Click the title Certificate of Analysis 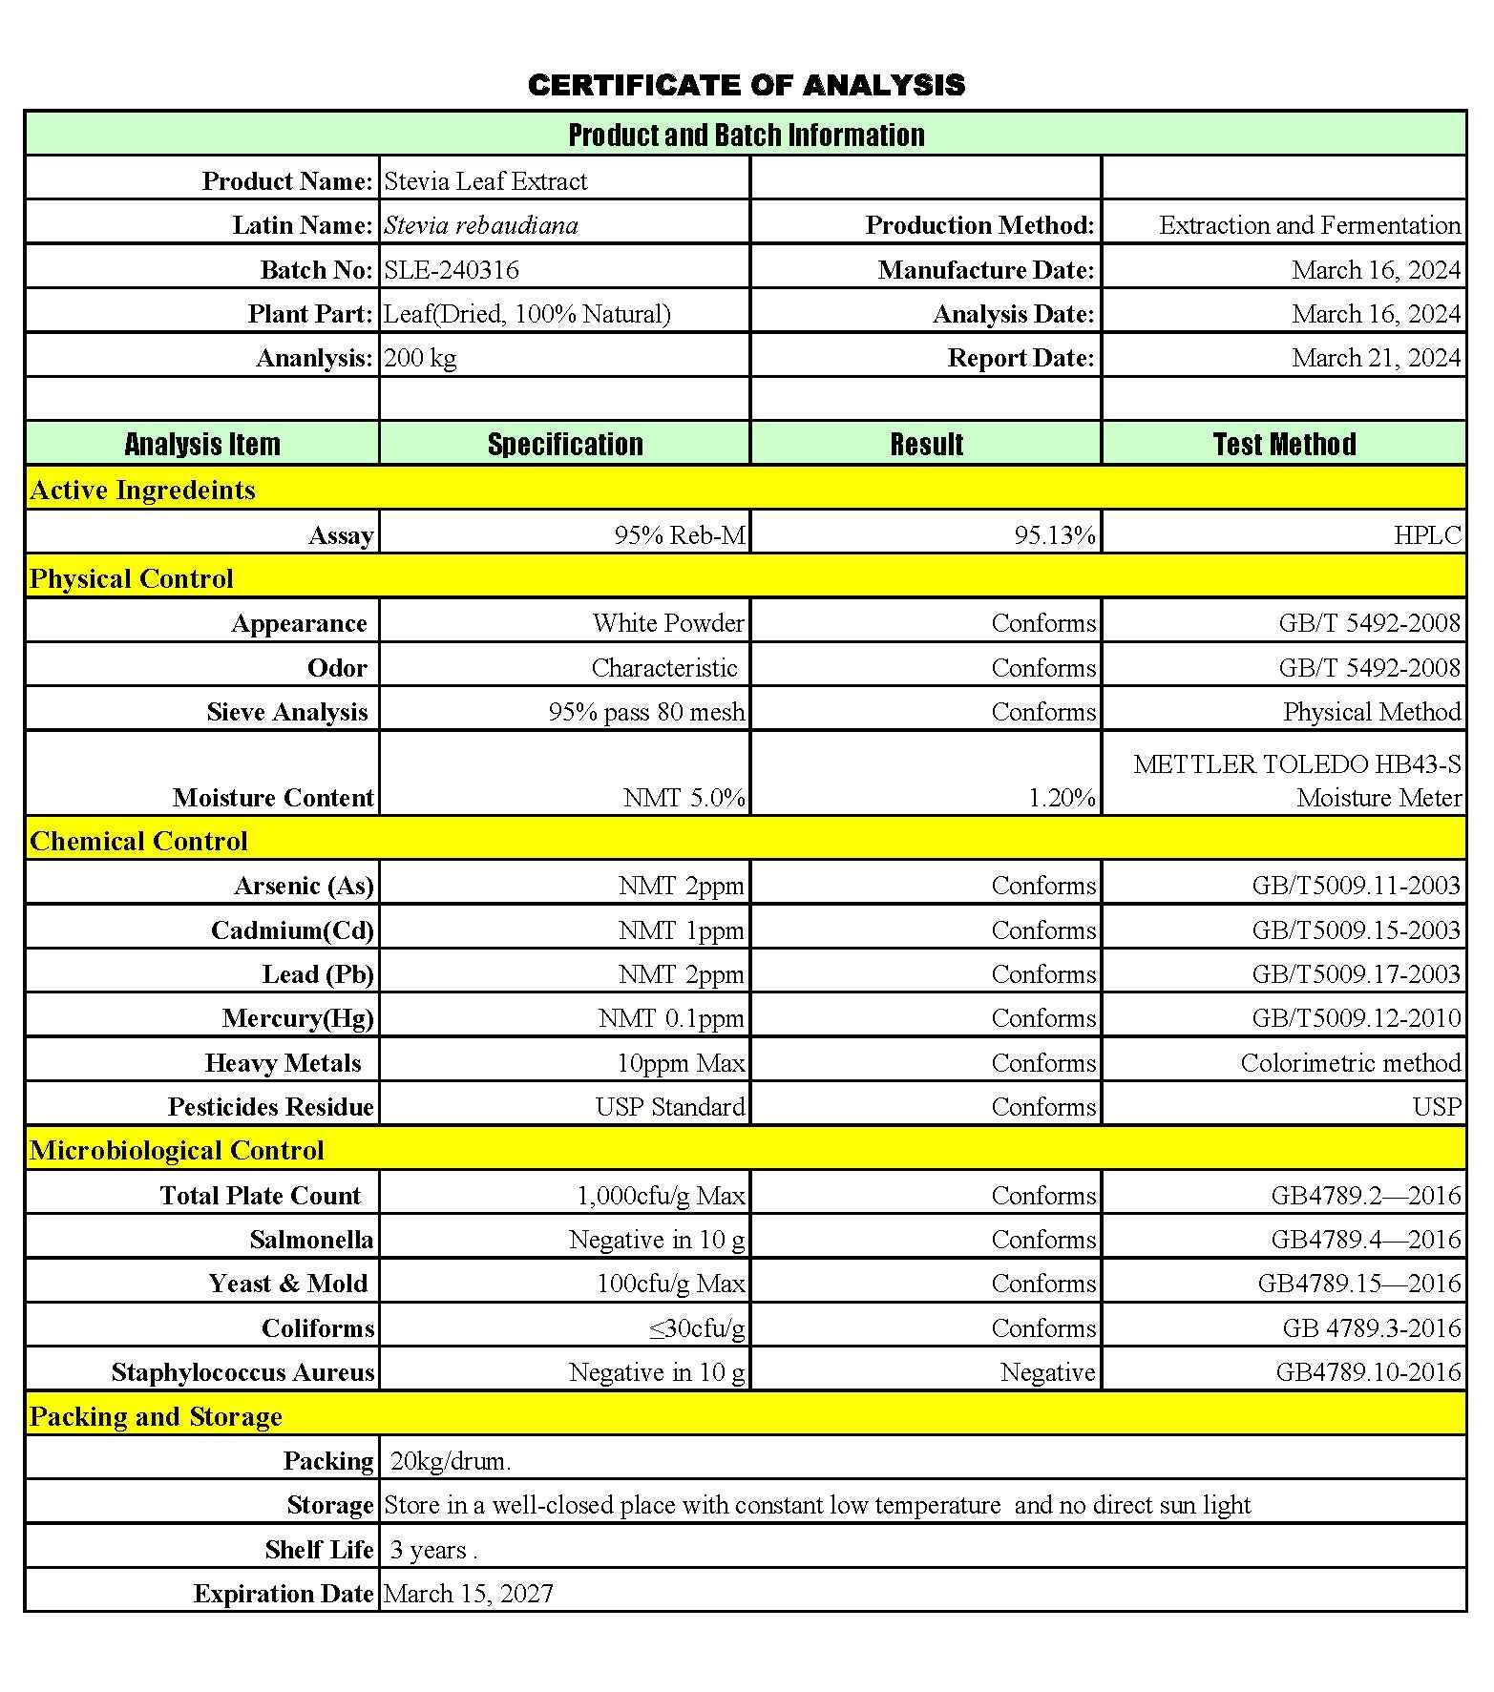pyautogui.click(x=746, y=85)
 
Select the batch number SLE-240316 pyautogui.click(x=452, y=270)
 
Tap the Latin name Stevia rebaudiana pyautogui.click(x=481, y=225)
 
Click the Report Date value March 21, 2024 pyautogui.click(x=1376, y=358)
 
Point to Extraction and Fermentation pyautogui.click(x=1309, y=225)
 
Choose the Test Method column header pyautogui.click(x=1284, y=444)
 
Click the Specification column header pyautogui.click(x=565, y=444)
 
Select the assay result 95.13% pyautogui.click(x=1054, y=534)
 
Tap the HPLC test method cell pyautogui.click(x=1427, y=534)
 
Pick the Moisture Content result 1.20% pyautogui.click(x=1062, y=797)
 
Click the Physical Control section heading pyautogui.click(x=132, y=578)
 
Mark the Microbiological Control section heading pyautogui.click(x=177, y=1150)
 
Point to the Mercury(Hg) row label pyautogui.click(x=298, y=1018)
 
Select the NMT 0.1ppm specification pyautogui.click(x=671, y=1018)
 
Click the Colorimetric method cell pyautogui.click(x=1350, y=1062)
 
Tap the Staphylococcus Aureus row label pyautogui.click(x=242, y=1372)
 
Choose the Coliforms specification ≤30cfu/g pyautogui.click(x=697, y=1327)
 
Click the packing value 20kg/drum pyautogui.click(x=451, y=1461)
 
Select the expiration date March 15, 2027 pyautogui.click(x=469, y=1593)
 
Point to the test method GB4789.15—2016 pyautogui.click(x=1358, y=1284)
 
